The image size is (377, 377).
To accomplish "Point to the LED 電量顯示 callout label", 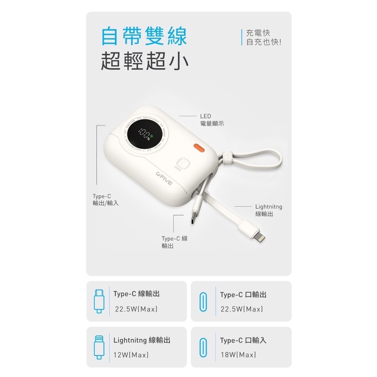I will pos(211,120).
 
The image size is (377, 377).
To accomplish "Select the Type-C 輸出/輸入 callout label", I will pos(106,199).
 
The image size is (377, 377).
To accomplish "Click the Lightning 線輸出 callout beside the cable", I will pos(268,210).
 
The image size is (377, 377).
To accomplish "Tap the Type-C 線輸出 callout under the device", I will pos(174,242).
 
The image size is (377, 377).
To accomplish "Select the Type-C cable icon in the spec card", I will pos(98,301).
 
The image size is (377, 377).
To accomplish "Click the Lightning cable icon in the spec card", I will pos(98,346).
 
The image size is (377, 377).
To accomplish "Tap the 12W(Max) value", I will pos(131,355).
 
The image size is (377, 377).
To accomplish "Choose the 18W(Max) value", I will pos(238,355).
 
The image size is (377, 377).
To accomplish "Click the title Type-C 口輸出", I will pos(243,294).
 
